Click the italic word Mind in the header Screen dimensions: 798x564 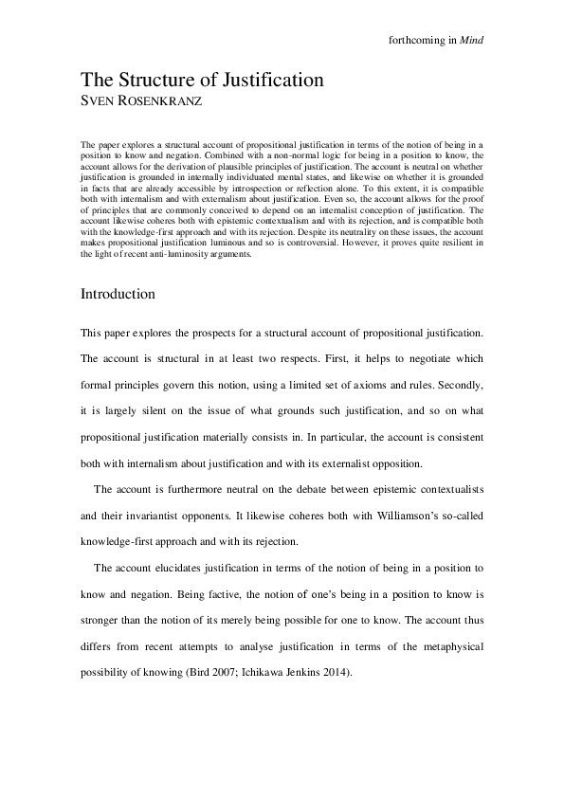472,40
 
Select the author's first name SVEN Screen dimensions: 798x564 98,100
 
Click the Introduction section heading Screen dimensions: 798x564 118,294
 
